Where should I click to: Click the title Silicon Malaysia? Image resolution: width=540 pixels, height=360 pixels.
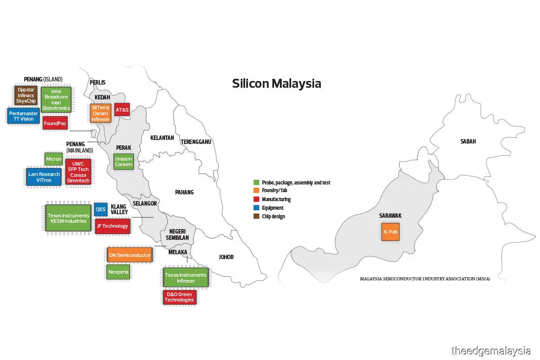[276, 84]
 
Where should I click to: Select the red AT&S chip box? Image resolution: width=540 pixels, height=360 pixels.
[122, 110]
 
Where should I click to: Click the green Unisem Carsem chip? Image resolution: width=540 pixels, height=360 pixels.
[123, 162]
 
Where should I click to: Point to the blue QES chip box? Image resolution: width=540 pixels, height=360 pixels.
[100, 209]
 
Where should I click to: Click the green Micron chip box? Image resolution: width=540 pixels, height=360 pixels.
[54, 159]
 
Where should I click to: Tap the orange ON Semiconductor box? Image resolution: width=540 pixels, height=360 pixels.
[130, 255]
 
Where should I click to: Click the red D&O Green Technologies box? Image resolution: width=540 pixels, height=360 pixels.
[179, 297]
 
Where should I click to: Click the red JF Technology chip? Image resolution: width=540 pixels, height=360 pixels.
[112, 226]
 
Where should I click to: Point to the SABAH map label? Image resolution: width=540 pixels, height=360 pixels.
[468, 141]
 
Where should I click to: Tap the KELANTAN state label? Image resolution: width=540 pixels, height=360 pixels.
[162, 138]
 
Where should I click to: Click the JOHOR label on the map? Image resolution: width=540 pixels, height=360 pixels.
[226, 257]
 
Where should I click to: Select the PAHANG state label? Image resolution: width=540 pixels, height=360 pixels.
[184, 192]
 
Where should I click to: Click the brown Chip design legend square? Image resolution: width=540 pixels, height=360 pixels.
[256, 216]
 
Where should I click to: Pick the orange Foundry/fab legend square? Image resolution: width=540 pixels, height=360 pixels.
[256, 191]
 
